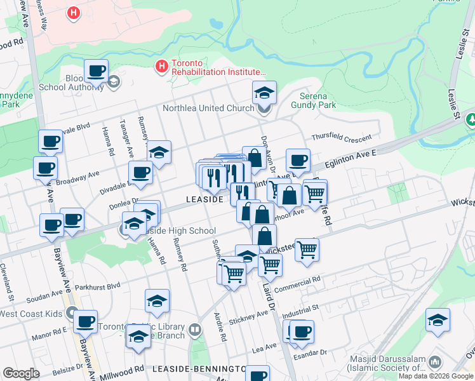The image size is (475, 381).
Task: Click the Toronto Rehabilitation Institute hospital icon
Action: coord(162,65)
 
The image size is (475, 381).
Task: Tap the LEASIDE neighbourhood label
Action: coord(204,199)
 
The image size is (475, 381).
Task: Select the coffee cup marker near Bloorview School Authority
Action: coord(96,71)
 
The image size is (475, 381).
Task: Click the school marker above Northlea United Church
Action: coord(264,93)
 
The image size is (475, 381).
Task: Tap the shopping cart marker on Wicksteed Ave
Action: coord(307,250)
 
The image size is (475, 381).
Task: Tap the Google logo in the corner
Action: coord(21,373)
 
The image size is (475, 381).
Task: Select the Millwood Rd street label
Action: coord(120,370)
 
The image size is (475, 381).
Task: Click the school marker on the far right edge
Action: coord(438,321)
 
